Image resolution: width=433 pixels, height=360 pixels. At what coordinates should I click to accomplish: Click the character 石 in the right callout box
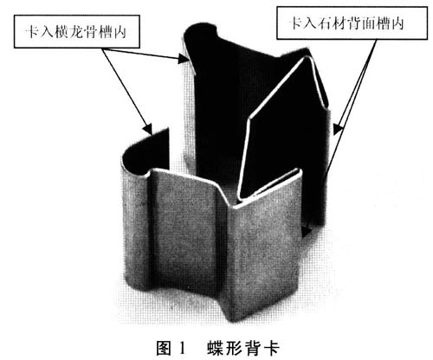[325, 23]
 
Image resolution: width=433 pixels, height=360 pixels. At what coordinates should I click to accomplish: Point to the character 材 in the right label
[339, 23]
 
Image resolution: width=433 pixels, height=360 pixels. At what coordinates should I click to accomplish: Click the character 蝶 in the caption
[216, 348]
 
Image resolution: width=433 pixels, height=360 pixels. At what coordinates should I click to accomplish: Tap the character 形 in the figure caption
[235, 348]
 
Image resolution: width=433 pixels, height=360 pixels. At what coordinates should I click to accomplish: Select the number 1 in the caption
[182, 348]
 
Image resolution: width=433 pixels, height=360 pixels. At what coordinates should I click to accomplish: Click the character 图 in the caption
[165, 348]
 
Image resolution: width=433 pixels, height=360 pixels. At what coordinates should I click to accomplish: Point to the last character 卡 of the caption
[271, 348]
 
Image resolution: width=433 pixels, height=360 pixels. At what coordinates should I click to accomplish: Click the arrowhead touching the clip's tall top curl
[184, 59]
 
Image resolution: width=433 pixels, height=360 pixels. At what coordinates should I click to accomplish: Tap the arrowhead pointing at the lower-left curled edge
[148, 129]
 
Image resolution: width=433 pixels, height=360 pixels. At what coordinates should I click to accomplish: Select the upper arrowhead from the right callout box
[338, 129]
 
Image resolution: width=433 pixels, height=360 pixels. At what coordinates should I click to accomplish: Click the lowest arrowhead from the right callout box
[307, 231]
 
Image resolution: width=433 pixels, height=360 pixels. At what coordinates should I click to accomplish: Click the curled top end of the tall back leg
[200, 29]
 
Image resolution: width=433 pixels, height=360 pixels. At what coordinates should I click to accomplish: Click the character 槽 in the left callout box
[106, 31]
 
